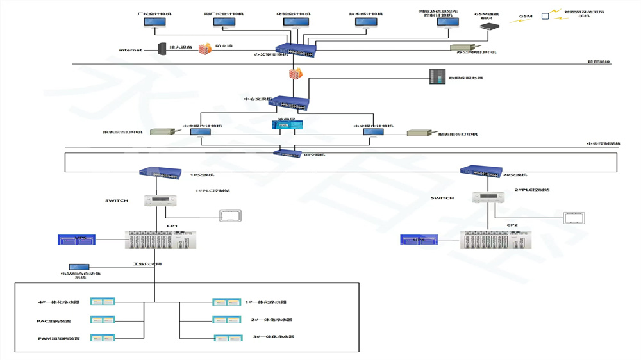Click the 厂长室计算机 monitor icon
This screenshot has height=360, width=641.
coord(154,23)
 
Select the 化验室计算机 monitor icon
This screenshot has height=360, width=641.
coord(296,23)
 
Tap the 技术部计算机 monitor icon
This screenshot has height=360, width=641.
coord(366,23)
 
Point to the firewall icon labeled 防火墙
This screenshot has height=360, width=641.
coord(205,49)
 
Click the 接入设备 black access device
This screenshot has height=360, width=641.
coord(163,49)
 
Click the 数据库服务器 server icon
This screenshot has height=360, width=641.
coord(437,78)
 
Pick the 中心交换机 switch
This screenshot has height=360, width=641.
coord(288,103)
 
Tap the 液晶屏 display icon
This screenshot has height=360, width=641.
coord(283,126)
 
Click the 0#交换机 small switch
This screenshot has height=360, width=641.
coord(287,154)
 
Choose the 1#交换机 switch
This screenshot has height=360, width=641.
coord(160,172)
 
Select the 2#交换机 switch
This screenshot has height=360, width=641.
coord(481,171)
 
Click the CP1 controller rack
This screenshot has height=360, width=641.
coord(160,240)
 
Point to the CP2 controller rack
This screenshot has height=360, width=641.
coord(495,240)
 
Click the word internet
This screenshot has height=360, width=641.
coord(130,50)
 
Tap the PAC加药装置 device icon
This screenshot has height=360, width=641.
coord(103,320)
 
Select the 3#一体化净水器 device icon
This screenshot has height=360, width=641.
coord(228,338)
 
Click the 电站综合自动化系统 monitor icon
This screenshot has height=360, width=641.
coord(79,266)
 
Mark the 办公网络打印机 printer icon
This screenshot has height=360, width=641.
coord(462,47)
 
